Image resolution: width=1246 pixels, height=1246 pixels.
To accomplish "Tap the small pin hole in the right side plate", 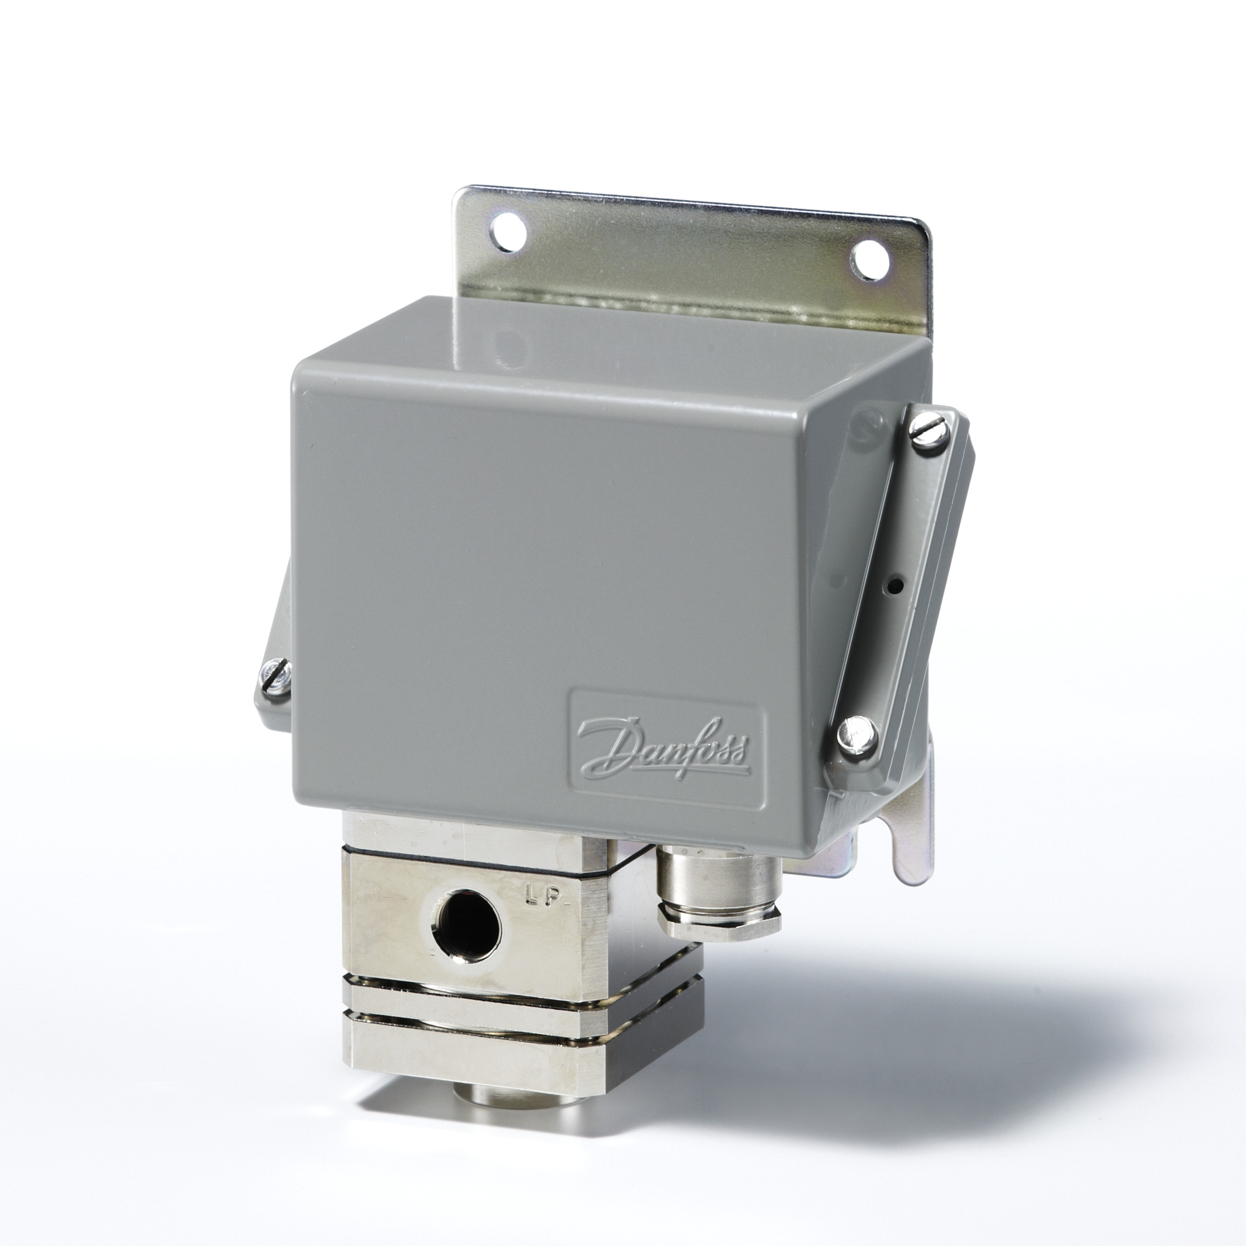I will click(895, 586).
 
